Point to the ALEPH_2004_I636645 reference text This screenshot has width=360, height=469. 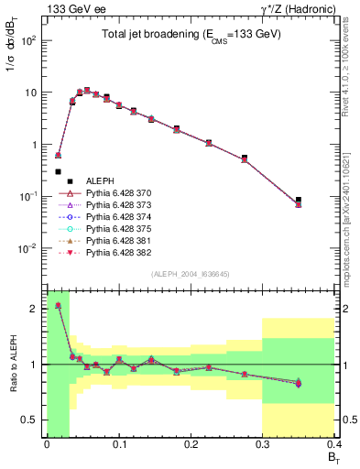[189, 275]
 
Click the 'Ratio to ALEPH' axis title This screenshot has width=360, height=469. [14, 364]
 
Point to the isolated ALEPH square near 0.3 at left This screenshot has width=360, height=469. [58, 171]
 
